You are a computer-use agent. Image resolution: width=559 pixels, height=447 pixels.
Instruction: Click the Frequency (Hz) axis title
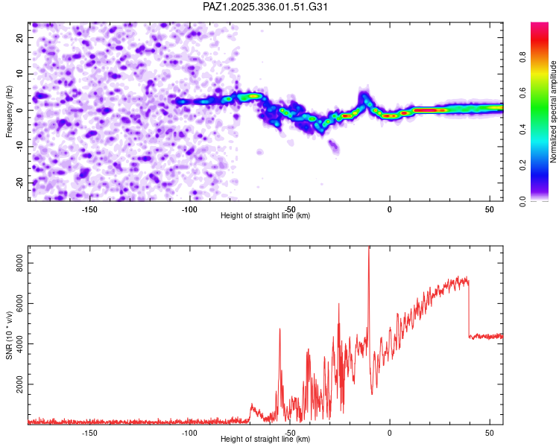click(x=10, y=112)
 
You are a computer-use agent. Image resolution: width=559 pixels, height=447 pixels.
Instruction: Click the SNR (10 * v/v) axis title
click(x=10, y=335)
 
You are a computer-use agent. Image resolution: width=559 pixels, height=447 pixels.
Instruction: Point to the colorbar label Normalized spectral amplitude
click(x=554, y=112)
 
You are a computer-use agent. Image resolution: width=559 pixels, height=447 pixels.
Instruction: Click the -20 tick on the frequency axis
click(x=18, y=183)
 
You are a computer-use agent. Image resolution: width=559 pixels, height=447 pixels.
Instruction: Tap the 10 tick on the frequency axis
click(x=20, y=73)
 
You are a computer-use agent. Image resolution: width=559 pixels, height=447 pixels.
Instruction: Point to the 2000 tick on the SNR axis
click(x=16, y=384)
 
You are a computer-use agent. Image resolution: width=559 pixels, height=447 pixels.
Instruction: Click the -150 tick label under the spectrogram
click(x=89, y=209)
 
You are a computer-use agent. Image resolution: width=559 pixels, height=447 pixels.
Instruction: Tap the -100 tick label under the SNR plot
click(x=189, y=433)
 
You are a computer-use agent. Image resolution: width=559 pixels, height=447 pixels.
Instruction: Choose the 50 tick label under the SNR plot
click(x=489, y=433)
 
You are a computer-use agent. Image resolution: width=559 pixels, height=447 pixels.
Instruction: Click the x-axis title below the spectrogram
click(x=265, y=216)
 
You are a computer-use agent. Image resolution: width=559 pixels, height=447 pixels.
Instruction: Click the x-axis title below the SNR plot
click(x=265, y=440)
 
